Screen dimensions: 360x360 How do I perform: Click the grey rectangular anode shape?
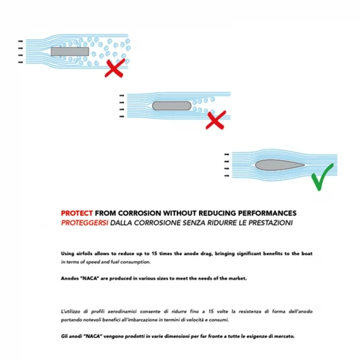click(x=70, y=52)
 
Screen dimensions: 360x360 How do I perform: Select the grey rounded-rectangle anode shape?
click(x=172, y=106)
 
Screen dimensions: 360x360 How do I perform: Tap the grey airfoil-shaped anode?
click(x=280, y=165)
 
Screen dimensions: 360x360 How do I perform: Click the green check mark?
click(x=322, y=177)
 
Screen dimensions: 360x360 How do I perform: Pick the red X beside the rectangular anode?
click(x=115, y=68)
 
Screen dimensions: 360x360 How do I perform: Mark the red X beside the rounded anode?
click(x=216, y=120)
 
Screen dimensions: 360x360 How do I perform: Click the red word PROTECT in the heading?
click(x=76, y=213)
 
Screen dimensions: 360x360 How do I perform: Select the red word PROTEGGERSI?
click(x=85, y=223)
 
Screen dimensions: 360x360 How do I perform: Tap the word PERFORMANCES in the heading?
click(x=267, y=213)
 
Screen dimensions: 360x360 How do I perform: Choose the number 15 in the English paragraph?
click(x=154, y=254)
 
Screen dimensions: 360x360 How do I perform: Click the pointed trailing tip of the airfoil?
click(x=304, y=165)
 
